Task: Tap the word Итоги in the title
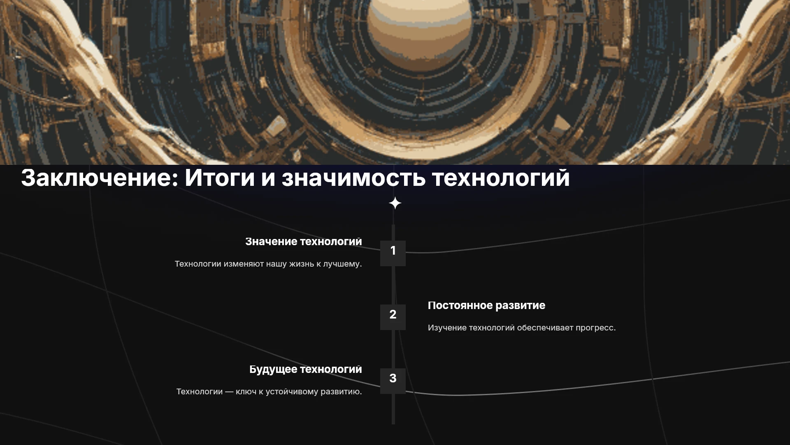220,178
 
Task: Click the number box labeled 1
393,253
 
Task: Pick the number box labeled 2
393,317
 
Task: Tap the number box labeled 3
393,381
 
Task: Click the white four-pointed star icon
395,203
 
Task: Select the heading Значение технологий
304,242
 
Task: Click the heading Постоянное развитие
486,305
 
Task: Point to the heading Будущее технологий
306,370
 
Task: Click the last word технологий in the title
501,178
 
